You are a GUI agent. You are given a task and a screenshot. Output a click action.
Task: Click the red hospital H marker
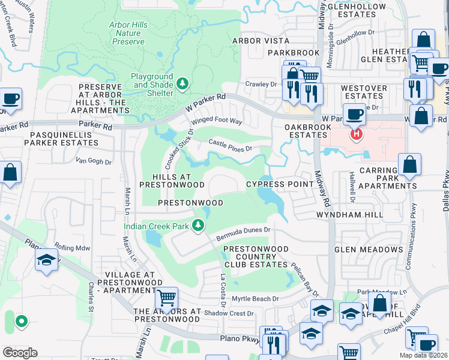click(x=357, y=133)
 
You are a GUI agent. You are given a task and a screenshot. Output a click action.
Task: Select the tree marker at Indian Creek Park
click(x=197, y=226)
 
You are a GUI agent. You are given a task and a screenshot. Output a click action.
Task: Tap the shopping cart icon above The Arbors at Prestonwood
click(x=166, y=297)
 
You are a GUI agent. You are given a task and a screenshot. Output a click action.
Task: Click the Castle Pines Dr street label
click(x=231, y=145)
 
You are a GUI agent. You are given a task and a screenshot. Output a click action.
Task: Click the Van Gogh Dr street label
click(x=93, y=161)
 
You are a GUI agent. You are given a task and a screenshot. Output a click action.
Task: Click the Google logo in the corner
click(x=20, y=352)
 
